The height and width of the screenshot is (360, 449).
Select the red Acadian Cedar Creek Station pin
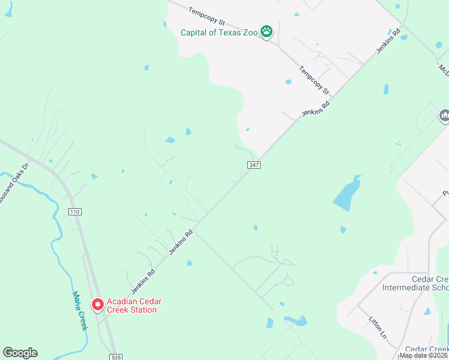(97, 304)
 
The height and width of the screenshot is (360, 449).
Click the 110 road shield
(74, 212)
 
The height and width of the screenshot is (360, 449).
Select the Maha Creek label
(80, 310)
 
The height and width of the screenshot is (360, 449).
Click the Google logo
(20, 353)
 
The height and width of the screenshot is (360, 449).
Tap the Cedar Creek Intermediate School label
(415, 283)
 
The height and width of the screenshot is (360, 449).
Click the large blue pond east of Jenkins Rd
(346, 194)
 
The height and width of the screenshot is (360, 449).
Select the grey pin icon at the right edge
(444, 115)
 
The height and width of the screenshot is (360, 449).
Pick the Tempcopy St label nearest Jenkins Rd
(315, 80)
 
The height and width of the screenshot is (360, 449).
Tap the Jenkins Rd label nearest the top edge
(388, 41)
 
